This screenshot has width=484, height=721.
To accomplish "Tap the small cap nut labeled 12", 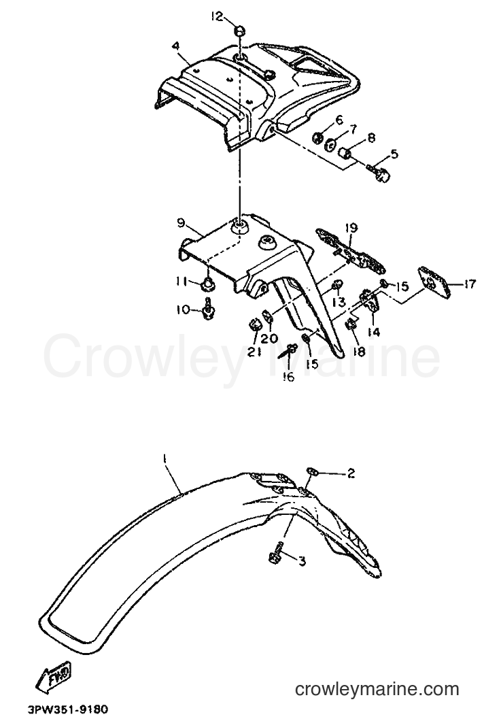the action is click(239, 31).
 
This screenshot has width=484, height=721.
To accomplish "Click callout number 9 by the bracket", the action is click(180, 224).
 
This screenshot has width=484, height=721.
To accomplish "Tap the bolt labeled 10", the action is click(209, 308).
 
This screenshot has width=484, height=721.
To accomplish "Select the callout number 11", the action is click(181, 283).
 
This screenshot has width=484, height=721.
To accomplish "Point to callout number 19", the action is click(351, 228).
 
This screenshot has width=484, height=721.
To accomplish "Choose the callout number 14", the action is click(374, 331).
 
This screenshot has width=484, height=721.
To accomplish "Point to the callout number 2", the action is click(351, 473).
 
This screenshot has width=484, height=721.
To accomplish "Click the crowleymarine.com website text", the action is click(377, 689).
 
